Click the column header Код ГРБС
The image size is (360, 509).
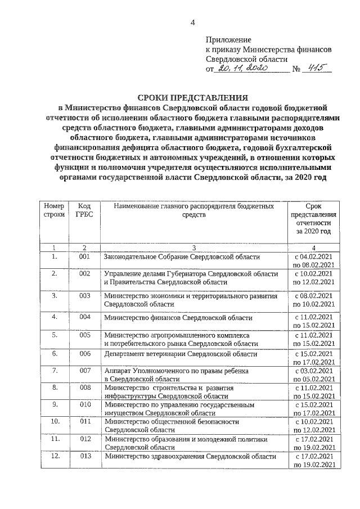(85, 211)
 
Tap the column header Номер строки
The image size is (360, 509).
(55, 211)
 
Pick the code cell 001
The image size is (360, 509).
(85, 257)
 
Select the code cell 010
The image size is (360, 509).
(85, 404)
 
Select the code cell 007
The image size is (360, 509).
(85, 371)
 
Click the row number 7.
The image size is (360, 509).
(55, 371)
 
